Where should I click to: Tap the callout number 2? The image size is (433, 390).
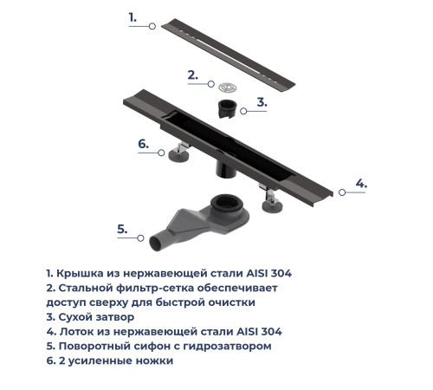(193, 75)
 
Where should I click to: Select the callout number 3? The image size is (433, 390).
(262, 101)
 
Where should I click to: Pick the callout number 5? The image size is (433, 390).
(122, 230)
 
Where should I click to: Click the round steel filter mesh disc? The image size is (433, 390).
(229, 86)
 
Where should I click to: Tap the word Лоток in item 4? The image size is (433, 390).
(78, 331)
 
